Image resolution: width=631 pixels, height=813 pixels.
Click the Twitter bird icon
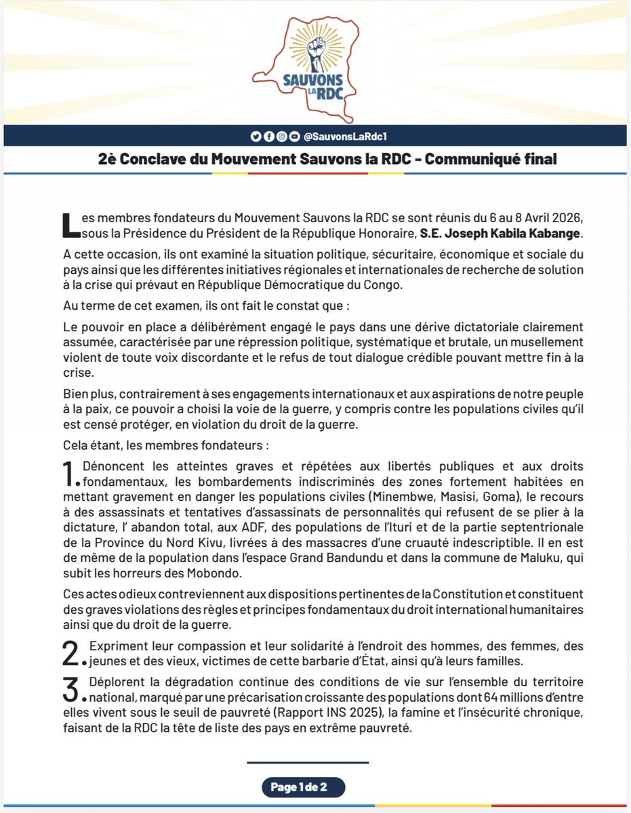[256, 136]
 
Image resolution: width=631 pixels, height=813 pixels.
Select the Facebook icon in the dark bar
[268, 136]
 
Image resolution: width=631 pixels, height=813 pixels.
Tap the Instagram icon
[281, 136]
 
